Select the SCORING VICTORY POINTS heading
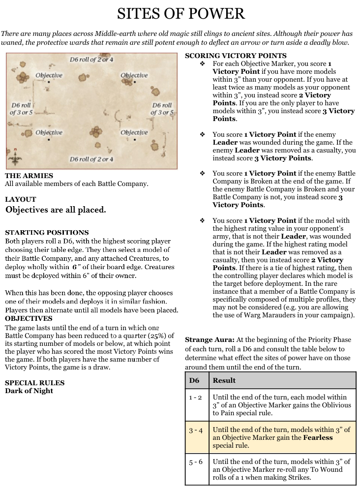[236, 56]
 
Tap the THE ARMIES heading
[29, 176]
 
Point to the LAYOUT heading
[20, 199]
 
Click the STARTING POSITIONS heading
[47, 232]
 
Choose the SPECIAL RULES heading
[34, 383]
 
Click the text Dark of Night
[29, 391]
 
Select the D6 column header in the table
[194, 380]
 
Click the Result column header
[224, 380]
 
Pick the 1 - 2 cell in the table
[196, 397]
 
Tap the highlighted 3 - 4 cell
[196, 430]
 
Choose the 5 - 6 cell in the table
[196, 462]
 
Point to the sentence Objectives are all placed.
[56, 210]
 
